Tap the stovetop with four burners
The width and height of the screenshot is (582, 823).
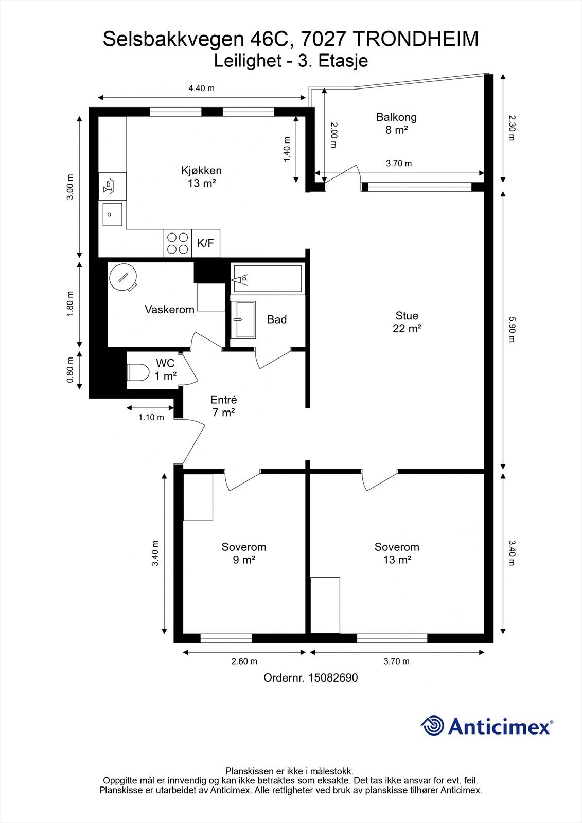[178, 243]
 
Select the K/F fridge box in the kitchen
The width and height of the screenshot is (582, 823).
[206, 243]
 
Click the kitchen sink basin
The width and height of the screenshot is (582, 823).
[113, 214]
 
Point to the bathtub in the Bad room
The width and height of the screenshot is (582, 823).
[268, 278]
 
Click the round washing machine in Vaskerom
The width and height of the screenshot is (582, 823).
[123, 277]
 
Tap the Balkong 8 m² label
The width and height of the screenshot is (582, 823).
[396, 123]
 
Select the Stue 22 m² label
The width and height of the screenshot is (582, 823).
[407, 322]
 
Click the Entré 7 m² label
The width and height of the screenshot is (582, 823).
[223, 406]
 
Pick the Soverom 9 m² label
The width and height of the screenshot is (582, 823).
[244, 553]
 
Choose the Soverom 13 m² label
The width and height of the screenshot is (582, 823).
[397, 553]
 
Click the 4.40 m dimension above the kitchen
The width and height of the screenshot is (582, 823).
[202, 88]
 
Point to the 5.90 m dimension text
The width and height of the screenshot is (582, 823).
[512, 330]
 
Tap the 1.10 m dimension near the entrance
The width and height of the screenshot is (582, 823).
[151, 417]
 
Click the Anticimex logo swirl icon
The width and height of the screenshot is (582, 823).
[432, 726]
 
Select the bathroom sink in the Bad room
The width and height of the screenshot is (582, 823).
[243, 319]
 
